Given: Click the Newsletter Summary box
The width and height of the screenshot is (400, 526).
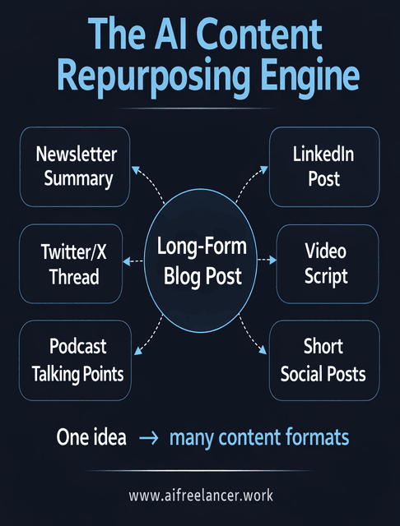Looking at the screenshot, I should click(x=77, y=167).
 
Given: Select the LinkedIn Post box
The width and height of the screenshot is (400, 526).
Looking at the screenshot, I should click(x=323, y=167).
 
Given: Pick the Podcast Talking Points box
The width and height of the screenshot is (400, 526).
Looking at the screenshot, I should click(x=77, y=360).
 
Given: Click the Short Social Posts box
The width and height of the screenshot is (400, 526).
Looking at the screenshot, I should click(x=323, y=360).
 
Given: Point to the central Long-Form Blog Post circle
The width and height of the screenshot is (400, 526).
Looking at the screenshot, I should click(x=200, y=262).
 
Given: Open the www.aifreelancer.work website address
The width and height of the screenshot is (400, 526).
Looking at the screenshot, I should click(x=200, y=496).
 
